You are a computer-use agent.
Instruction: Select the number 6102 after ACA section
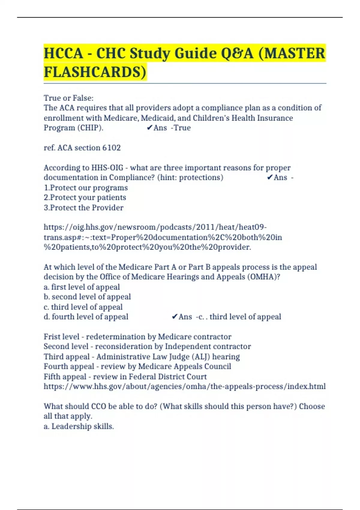tap(111, 148)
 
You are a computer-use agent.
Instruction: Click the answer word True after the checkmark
tap(182, 128)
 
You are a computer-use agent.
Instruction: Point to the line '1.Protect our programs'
tap(86, 188)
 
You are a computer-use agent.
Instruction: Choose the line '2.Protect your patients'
tap(85, 198)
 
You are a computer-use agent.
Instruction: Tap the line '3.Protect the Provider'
tap(83, 208)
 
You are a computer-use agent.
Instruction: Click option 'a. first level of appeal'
tap(82, 287)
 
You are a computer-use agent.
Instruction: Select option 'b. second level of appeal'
tap(87, 297)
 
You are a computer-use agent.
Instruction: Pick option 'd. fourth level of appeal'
tap(86, 317)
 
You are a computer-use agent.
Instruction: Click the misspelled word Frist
tap(52, 337)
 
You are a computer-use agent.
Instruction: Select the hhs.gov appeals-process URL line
tap(184, 386)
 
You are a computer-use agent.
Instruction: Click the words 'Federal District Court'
tap(168, 376)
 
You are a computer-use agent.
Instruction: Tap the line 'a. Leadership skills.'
tap(79, 426)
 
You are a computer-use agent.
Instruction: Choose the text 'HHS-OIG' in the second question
tap(107, 168)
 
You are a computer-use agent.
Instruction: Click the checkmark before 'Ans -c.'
tap(174, 317)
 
